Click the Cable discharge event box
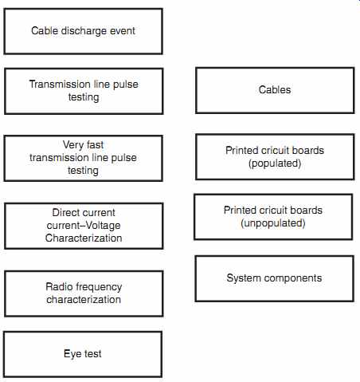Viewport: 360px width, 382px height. tap(84, 31)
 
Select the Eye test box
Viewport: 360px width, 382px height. tap(83, 354)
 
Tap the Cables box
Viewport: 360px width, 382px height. tap(275, 90)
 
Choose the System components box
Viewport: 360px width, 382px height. tap(274, 278)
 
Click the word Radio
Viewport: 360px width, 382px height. tap(57, 286)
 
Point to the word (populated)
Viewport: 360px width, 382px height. tap(275, 163)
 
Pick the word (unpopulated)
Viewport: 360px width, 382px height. tap(273, 223)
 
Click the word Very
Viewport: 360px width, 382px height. tap(72, 145)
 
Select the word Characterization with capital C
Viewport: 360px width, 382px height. tap(84, 238)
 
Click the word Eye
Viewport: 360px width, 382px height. tap(72, 354)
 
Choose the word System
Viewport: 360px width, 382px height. tap(244, 278)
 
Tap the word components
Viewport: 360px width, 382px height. tap(293, 278)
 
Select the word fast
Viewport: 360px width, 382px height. tap(95, 145)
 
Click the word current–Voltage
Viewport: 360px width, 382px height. tap(84, 226)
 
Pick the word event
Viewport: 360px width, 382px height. tap(123, 31)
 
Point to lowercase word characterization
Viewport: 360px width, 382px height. tap(84, 300)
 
